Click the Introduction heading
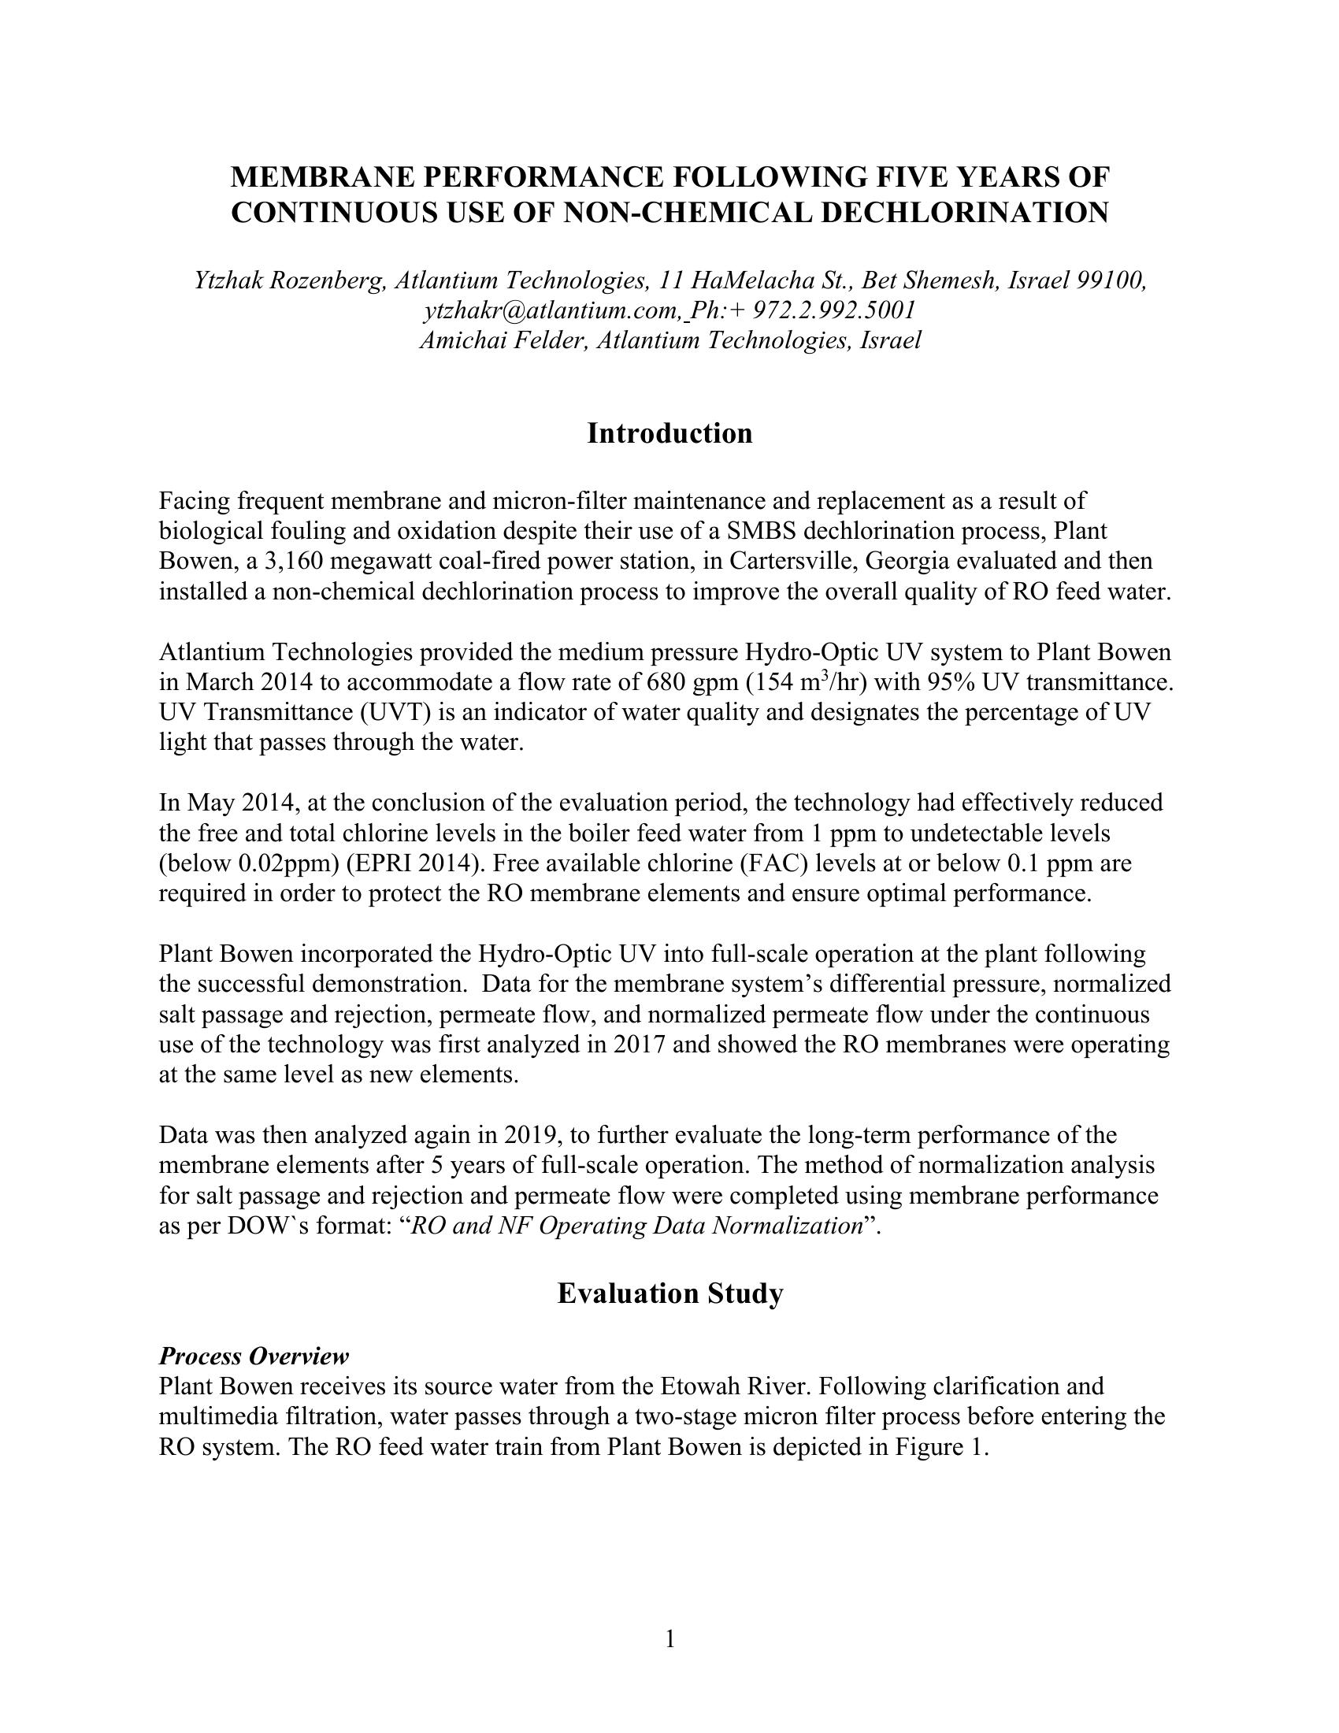669,433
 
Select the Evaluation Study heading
669,1293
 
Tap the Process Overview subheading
253,1356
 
